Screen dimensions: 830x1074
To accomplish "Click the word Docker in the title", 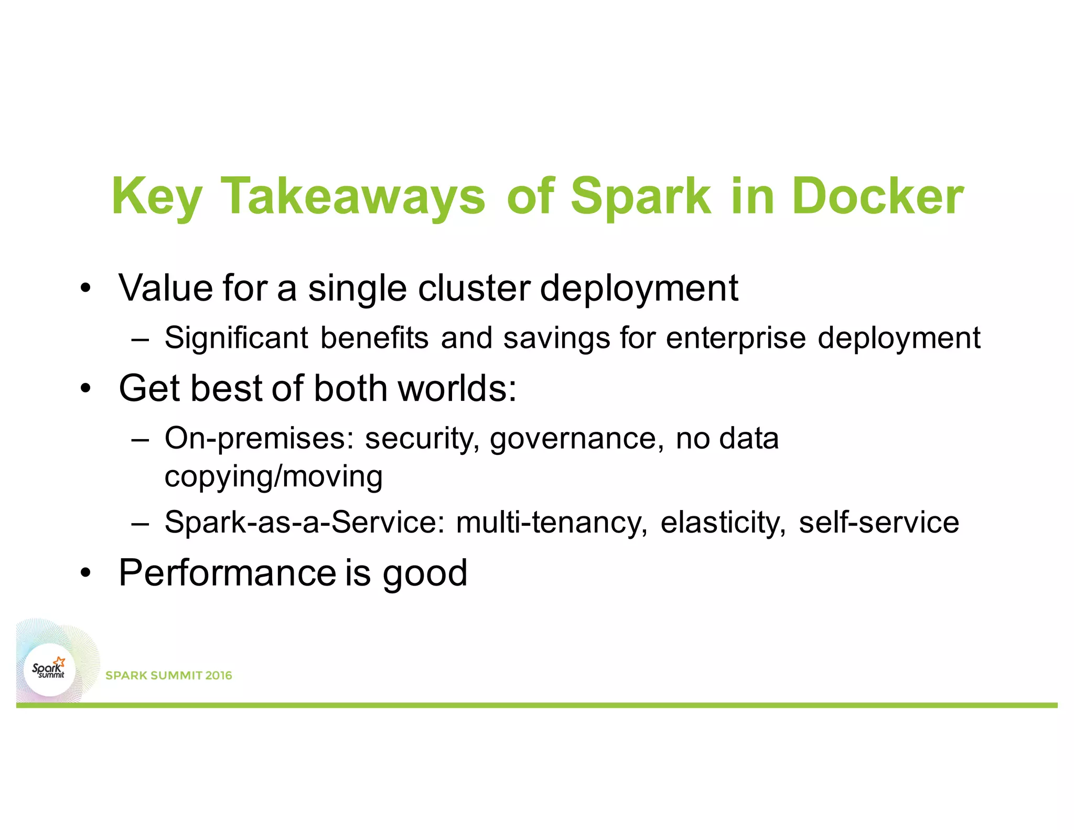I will pos(877,196).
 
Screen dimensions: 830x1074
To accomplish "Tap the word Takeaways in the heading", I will pos(353,196).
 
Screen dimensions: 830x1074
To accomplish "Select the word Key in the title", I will pos(156,196).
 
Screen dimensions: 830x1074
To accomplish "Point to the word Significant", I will pos(236,337).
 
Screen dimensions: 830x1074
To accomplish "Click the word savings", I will pos(556,338).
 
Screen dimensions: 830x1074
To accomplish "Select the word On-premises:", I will pos(259,439).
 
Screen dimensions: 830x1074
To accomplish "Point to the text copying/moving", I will pos(273,476).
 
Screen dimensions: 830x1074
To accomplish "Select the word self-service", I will pos(878,522).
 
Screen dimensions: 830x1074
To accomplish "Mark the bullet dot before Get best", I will pos(85,389).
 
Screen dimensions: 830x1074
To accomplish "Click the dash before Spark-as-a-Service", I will pos(141,523).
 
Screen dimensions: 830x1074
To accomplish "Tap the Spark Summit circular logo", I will pos(50,670).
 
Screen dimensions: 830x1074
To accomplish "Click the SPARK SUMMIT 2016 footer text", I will pos(168,675).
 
